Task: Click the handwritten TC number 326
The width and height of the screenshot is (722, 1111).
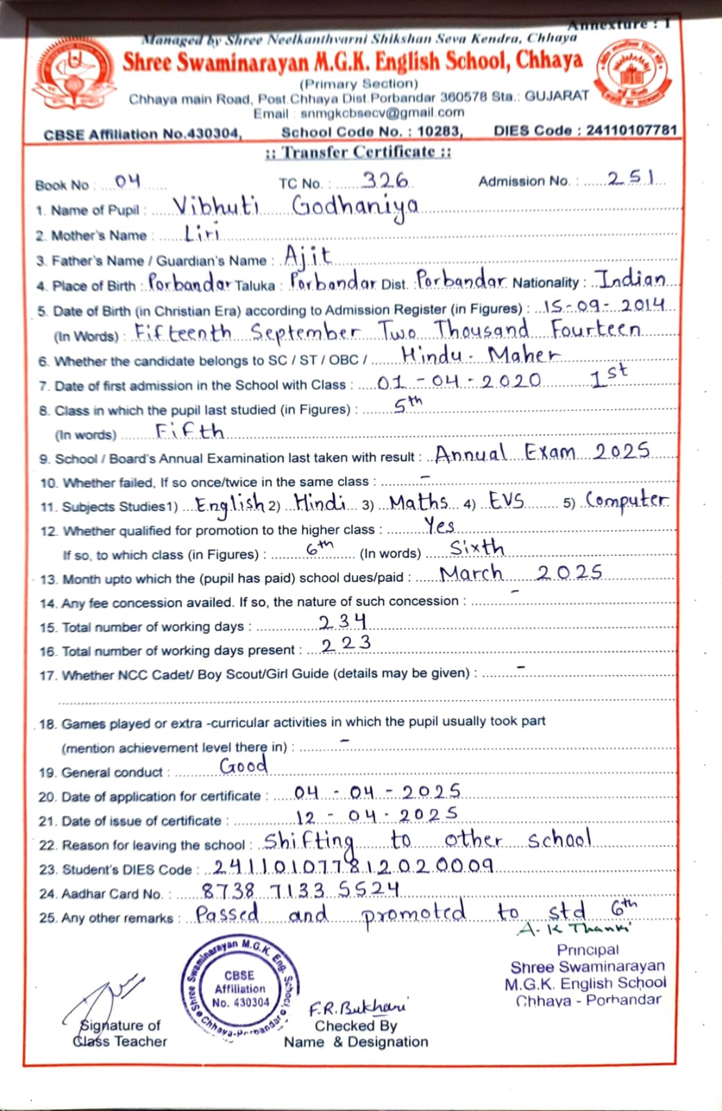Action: pos(385,181)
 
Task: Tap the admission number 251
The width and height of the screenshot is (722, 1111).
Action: pos(630,178)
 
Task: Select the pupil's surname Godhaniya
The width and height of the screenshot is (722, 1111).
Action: pos(355,207)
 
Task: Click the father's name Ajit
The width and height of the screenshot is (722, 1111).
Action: pos(308,258)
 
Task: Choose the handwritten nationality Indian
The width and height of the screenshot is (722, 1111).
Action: pos(632,279)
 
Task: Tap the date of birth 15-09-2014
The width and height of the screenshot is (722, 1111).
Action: pos(604,306)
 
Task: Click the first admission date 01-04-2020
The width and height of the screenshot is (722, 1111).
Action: pos(459,381)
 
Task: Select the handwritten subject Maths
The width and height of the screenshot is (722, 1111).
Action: pos(418,501)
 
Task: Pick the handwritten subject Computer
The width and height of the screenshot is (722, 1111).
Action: pos(626,500)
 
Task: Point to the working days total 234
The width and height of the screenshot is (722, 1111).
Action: pos(342,621)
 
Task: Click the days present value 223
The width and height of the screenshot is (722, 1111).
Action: pos(346,644)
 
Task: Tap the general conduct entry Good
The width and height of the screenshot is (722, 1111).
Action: pos(244,765)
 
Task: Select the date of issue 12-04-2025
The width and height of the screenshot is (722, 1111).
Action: pos(376,815)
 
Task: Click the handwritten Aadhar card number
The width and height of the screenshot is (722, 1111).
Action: pos(300,889)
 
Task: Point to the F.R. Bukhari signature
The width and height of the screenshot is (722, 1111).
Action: pos(358,1008)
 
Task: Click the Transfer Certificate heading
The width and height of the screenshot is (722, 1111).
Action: pos(358,152)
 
